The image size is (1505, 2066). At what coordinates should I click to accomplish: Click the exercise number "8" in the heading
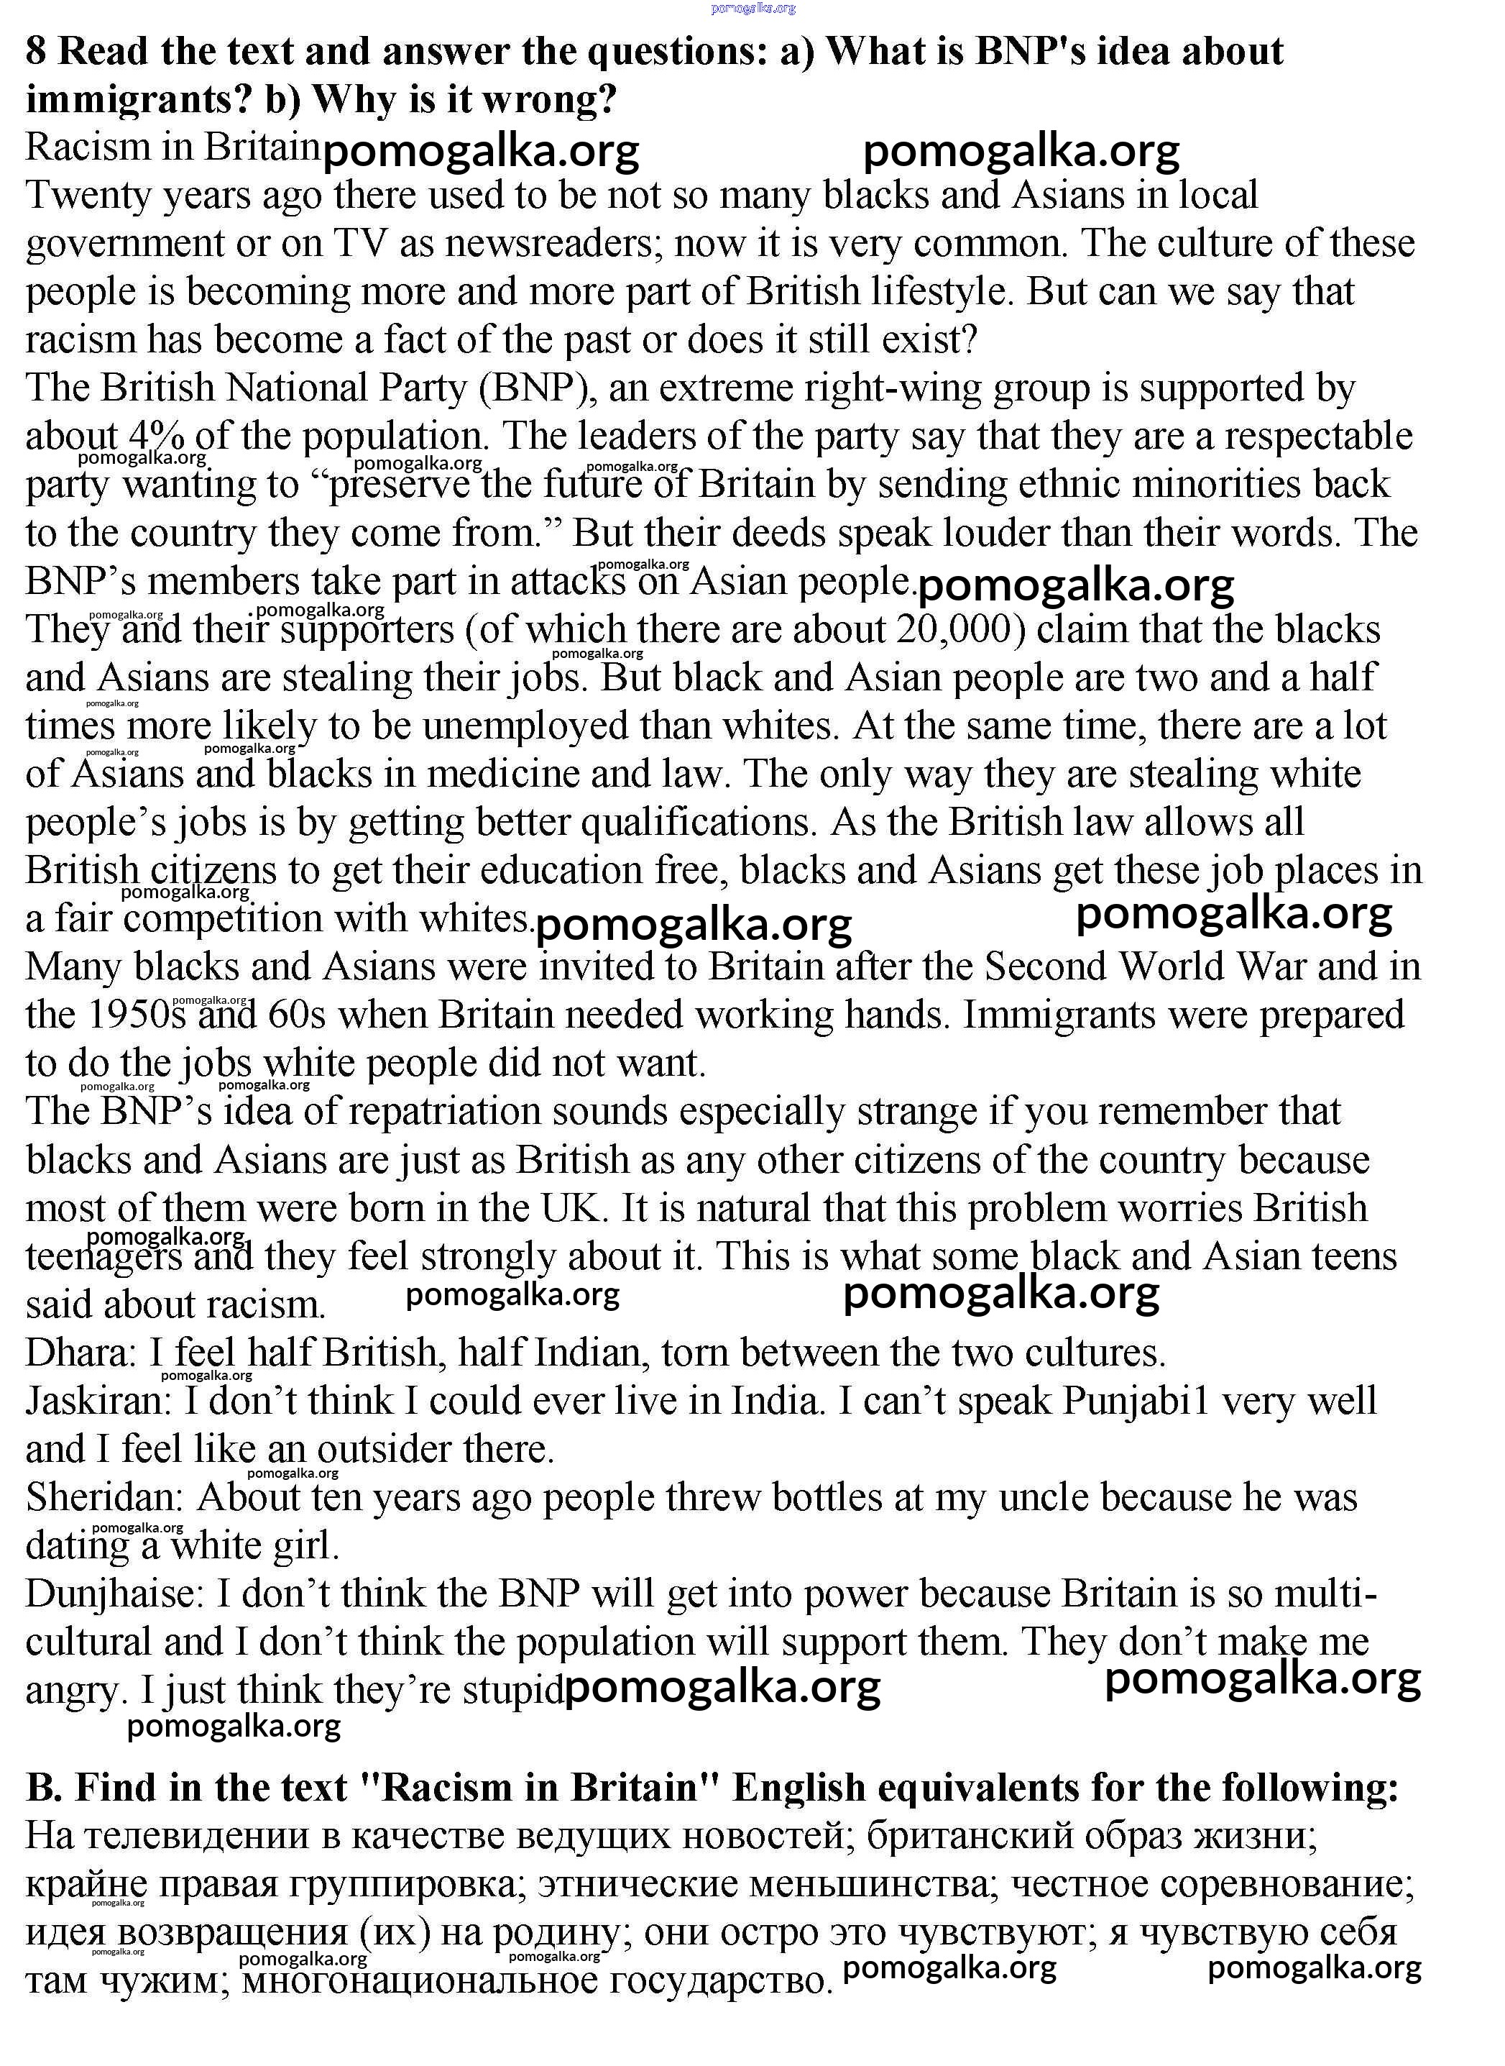pyautogui.click(x=35, y=51)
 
